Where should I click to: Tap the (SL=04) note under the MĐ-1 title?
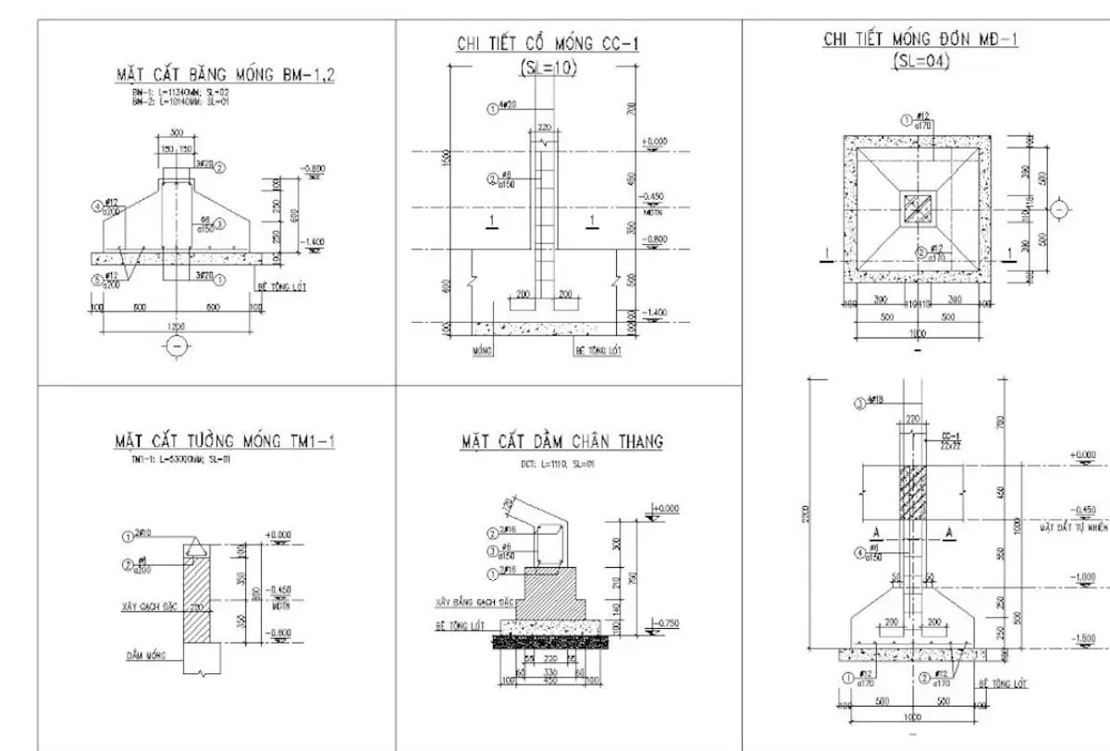tap(920, 60)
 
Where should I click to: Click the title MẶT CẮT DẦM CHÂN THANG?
tap(562, 441)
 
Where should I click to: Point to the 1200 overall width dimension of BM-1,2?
tap(175, 326)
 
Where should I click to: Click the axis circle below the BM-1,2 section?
tap(176, 346)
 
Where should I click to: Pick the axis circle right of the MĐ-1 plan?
tap(1061, 209)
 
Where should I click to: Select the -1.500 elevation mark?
tap(1081, 639)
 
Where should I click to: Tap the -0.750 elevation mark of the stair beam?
tap(666, 623)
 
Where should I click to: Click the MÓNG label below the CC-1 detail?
tap(481, 351)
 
